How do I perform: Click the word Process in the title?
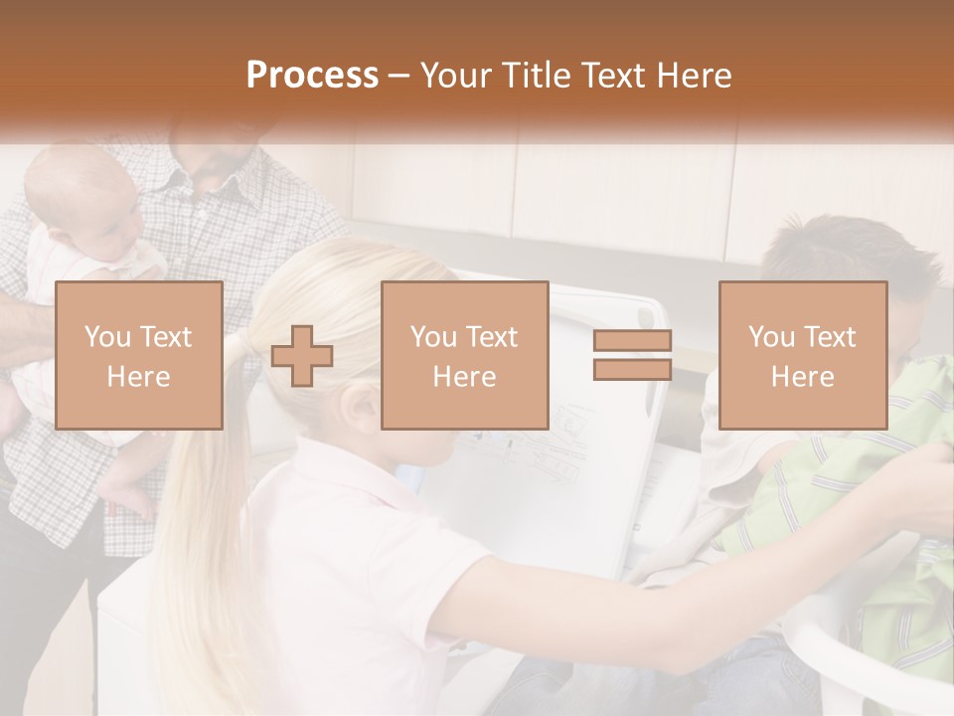[312, 76]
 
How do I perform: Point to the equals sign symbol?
[632, 355]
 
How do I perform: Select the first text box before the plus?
[139, 355]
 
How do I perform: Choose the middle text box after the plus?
[464, 355]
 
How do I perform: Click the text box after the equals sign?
[802, 355]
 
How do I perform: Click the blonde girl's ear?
[365, 402]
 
